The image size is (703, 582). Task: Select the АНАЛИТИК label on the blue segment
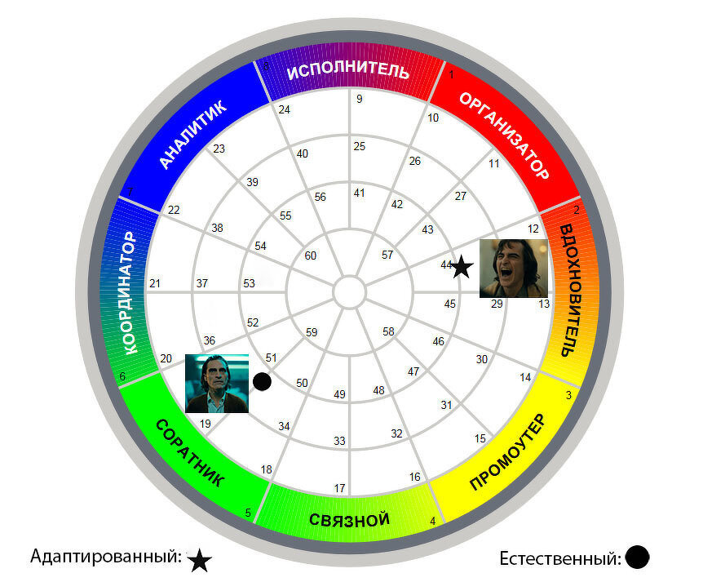pyautogui.click(x=192, y=135)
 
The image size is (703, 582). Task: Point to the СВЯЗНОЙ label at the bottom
pyautogui.click(x=349, y=520)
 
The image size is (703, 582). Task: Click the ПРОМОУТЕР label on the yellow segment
pyautogui.click(x=508, y=452)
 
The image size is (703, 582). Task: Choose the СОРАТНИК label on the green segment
pyautogui.click(x=190, y=453)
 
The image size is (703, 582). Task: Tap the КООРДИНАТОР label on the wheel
pyautogui.click(x=129, y=292)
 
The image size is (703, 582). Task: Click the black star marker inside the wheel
pyautogui.click(x=462, y=267)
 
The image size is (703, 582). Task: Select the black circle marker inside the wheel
pyautogui.click(x=262, y=381)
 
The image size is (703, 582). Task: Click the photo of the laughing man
pyautogui.click(x=514, y=269)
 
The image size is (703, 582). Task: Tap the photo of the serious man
pyautogui.click(x=217, y=384)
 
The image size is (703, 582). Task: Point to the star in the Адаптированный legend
pyautogui.click(x=199, y=560)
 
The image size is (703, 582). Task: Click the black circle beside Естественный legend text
pyautogui.click(x=637, y=557)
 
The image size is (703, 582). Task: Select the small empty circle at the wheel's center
pyautogui.click(x=350, y=292)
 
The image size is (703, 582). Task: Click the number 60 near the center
pyautogui.click(x=310, y=255)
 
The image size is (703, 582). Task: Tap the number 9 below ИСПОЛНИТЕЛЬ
pyautogui.click(x=360, y=99)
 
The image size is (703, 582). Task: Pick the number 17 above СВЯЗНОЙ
pyautogui.click(x=339, y=488)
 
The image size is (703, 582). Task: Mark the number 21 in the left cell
pyautogui.click(x=155, y=283)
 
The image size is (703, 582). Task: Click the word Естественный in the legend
pyautogui.click(x=560, y=558)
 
